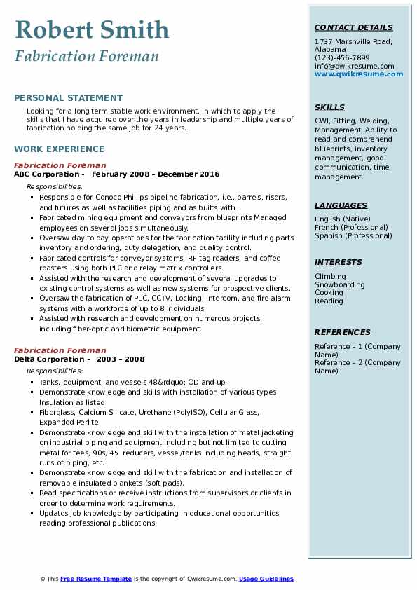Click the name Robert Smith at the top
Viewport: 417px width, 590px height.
click(x=92, y=29)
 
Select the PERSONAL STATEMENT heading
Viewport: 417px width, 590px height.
click(x=68, y=98)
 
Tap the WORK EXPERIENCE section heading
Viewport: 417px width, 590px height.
click(x=59, y=149)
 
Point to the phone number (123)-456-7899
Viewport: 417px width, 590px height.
click(x=341, y=58)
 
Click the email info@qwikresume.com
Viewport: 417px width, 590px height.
click(x=354, y=66)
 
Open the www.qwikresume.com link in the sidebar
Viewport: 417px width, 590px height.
click(x=359, y=74)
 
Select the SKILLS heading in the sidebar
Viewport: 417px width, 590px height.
click(x=329, y=108)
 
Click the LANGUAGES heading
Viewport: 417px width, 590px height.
click(x=341, y=206)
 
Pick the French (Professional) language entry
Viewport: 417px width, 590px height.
click(x=353, y=228)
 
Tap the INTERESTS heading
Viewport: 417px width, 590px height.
click(x=339, y=263)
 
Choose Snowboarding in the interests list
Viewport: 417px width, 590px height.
click(x=339, y=285)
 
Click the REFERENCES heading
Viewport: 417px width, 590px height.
click(x=343, y=333)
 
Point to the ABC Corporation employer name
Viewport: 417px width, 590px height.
click(x=48, y=174)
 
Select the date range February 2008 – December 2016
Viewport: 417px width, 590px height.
click(x=155, y=174)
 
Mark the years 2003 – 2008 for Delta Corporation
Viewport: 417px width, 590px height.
click(x=121, y=359)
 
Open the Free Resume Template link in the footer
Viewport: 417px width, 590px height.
click(x=96, y=579)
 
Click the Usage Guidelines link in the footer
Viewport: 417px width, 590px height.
click(x=266, y=579)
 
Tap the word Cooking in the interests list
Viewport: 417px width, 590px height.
click(x=329, y=293)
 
